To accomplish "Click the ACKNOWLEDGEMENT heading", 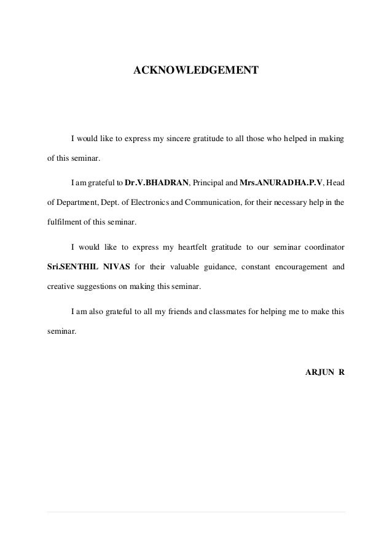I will pos(196,72).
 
